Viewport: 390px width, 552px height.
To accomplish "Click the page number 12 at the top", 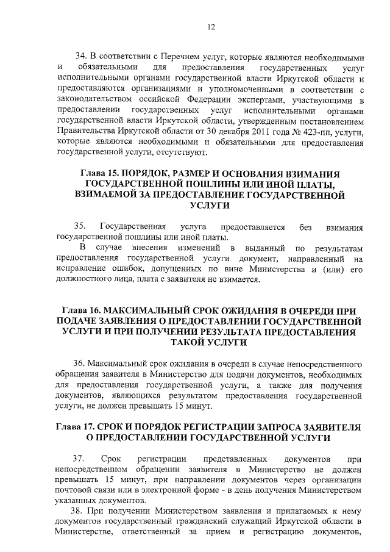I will pos(210,26).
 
